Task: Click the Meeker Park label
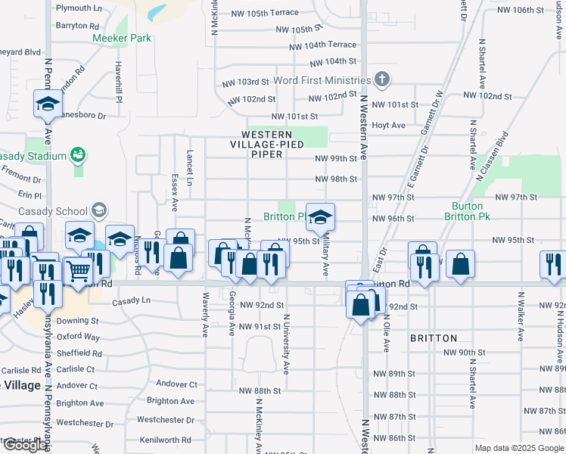(122, 39)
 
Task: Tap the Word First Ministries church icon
(382, 79)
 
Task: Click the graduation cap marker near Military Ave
(320, 218)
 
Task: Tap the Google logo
(25, 445)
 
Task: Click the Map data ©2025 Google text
(519, 448)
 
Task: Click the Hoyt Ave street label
(389, 125)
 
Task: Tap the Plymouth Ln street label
(79, 8)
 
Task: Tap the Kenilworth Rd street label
(167, 440)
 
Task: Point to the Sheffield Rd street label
(79, 353)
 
